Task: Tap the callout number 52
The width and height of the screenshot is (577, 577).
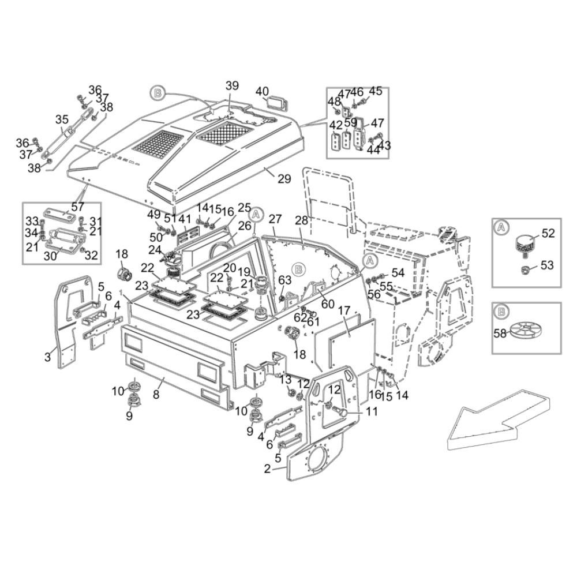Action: click(x=548, y=233)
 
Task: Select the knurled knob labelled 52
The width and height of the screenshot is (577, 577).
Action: click(x=526, y=242)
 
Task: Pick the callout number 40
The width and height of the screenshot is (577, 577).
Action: click(x=262, y=91)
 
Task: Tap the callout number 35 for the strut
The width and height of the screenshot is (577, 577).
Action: click(x=62, y=119)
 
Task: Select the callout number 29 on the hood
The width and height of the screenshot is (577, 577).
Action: click(x=284, y=179)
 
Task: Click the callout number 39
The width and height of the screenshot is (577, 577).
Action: click(x=232, y=85)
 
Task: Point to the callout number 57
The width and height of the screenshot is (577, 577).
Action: click(x=78, y=207)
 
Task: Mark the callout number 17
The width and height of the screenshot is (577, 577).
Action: click(x=344, y=310)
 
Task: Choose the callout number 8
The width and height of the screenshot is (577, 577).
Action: click(x=156, y=395)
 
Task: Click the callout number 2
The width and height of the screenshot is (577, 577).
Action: click(x=267, y=469)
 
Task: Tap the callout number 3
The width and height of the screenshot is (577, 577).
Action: click(x=48, y=357)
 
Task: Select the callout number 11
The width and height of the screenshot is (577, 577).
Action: click(x=372, y=411)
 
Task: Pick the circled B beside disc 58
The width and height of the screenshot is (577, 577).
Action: click(x=502, y=311)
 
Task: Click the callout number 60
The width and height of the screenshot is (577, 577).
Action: click(x=328, y=305)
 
